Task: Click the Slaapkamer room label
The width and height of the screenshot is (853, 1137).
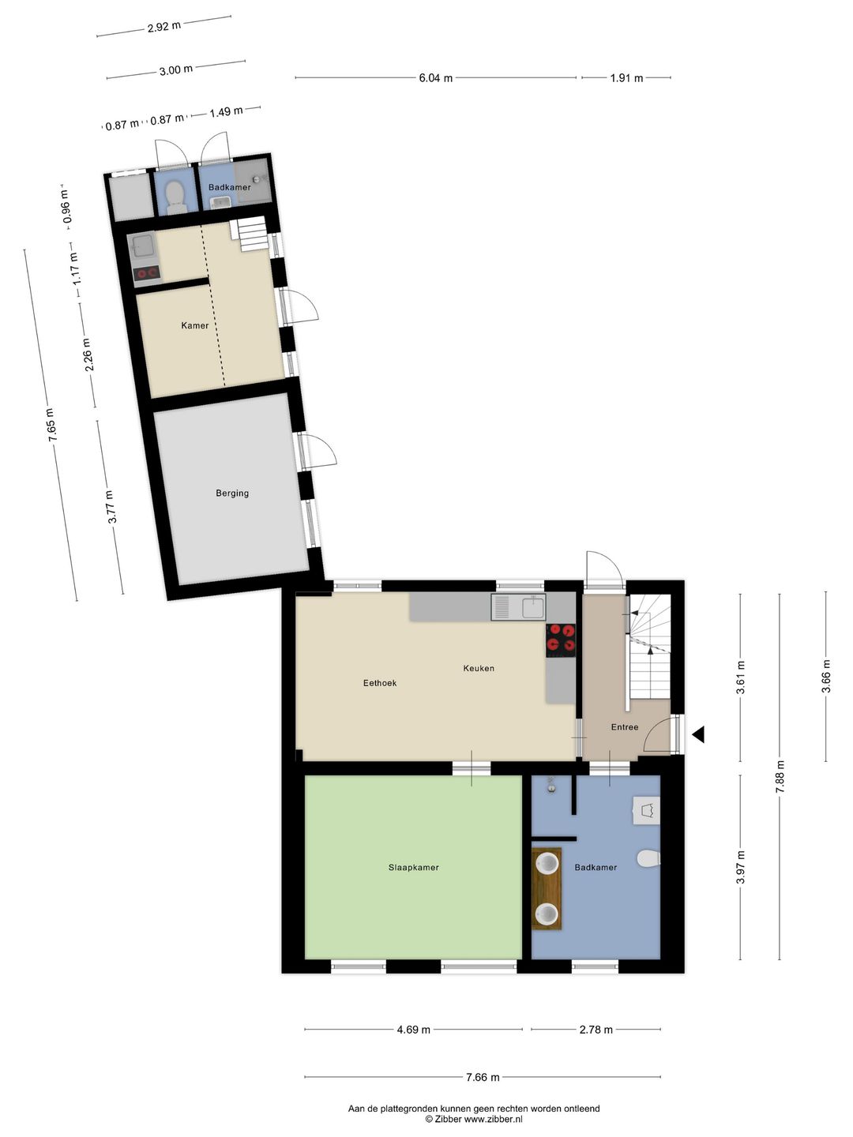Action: click(413, 867)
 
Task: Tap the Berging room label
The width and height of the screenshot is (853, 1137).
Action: click(232, 493)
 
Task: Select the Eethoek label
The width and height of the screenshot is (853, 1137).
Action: click(380, 683)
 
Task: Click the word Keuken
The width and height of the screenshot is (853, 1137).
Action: click(479, 668)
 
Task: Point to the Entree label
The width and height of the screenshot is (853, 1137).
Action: click(624, 727)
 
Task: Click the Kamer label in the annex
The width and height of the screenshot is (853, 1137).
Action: click(195, 325)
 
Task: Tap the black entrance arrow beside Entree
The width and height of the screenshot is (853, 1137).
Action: click(698, 735)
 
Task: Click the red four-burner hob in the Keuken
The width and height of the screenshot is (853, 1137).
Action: click(561, 640)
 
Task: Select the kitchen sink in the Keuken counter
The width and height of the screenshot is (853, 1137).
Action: click(518, 607)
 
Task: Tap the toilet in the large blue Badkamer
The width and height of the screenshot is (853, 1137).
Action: click(648, 858)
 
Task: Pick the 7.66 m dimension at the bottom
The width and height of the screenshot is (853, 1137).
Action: click(483, 1077)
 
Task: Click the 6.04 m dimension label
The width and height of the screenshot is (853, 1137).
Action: click(436, 78)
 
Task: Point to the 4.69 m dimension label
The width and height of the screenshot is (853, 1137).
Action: click(414, 1030)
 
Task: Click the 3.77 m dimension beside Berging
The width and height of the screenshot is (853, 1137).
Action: click(111, 507)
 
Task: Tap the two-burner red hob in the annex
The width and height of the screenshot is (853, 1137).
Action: click(147, 273)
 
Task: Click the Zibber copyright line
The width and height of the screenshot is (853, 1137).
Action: click(474, 1119)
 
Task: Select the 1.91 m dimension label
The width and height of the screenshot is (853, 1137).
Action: click(626, 78)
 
